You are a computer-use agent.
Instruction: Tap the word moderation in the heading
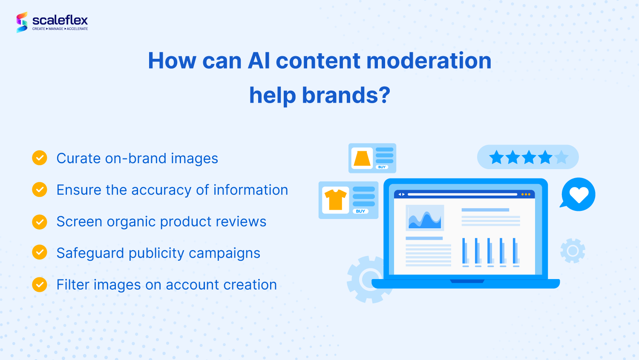click(429, 60)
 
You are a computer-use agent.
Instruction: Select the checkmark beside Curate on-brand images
click(40, 158)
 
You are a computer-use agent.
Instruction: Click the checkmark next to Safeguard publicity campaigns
click(40, 252)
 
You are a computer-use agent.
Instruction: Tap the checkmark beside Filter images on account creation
click(40, 284)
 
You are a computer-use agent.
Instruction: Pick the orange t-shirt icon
click(336, 199)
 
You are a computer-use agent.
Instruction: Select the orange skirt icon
click(362, 158)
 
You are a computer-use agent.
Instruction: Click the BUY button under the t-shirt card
click(360, 211)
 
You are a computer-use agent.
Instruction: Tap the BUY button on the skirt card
click(382, 167)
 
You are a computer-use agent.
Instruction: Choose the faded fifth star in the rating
click(561, 157)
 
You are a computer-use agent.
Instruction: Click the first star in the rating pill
click(496, 157)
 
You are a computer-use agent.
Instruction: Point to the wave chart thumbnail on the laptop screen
click(425, 218)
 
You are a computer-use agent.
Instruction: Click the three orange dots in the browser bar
click(526, 194)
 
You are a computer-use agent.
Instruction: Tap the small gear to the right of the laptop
click(573, 251)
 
